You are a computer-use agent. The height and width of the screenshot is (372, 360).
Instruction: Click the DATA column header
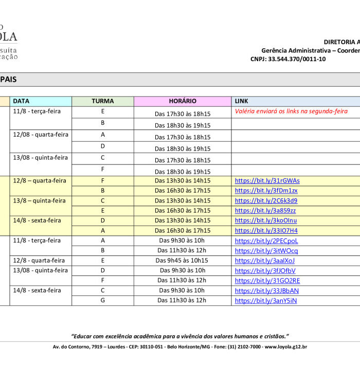tap(21, 101)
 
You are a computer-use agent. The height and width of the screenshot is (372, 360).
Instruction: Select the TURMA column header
tap(102, 101)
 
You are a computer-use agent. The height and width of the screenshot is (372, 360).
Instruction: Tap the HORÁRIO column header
tap(183, 101)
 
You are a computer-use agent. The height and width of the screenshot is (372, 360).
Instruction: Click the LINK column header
tap(241, 101)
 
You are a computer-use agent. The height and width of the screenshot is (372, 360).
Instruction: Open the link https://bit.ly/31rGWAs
tap(267, 181)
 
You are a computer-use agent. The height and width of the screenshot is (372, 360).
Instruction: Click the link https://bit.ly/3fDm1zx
tap(266, 191)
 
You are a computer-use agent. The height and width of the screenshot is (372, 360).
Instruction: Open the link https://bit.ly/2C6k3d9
tap(266, 201)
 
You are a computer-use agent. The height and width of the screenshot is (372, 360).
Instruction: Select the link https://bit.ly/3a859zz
tap(265, 211)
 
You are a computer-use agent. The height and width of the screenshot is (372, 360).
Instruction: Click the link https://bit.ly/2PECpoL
tap(266, 240)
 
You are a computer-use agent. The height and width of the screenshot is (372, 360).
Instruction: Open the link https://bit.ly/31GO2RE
tap(267, 281)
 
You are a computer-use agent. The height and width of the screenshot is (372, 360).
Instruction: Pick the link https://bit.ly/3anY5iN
tap(265, 301)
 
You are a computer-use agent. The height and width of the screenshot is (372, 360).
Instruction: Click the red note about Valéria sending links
tap(291, 111)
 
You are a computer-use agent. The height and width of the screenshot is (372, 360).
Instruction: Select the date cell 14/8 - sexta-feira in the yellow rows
tap(37, 220)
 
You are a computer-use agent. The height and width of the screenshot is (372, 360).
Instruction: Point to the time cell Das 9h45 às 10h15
tap(183, 261)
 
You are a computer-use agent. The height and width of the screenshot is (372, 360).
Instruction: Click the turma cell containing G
tap(103, 301)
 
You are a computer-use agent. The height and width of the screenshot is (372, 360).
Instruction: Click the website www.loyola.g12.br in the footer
tap(286, 347)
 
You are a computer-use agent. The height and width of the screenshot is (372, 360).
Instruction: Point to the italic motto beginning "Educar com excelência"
tap(180, 336)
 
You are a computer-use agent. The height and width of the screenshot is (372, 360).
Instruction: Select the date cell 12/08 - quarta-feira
tap(41, 135)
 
